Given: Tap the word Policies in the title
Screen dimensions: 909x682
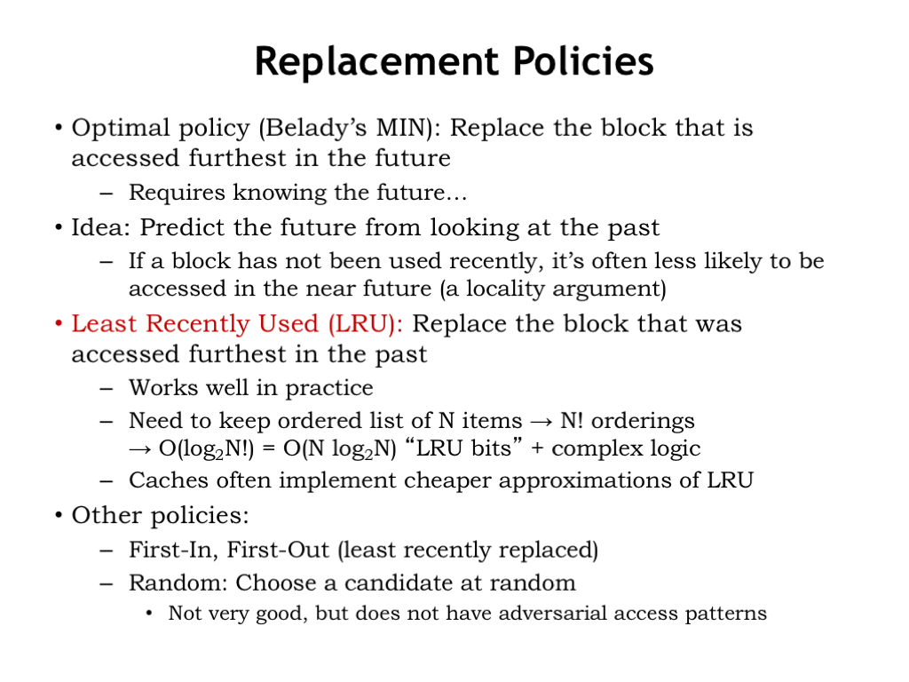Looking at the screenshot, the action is pyautogui.click(x=584, y=61).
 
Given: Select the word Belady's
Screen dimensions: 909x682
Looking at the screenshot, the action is pyautogui.click(x=313, y=128).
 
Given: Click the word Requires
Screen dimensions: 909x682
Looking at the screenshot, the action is pyautogui.click(x=177, y=193).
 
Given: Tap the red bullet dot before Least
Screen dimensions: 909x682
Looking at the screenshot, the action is pyautogui.click(x=59, y=323).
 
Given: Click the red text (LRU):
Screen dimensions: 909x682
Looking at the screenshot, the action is pyautogui.click(x=365, y=323).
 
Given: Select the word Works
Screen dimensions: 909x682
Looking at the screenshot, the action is pyautogui.click(x=163, y=387).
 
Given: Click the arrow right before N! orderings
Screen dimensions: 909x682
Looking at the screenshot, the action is pyautogui.click(x=541, y=422).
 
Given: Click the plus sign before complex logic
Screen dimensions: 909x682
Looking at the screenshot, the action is pyautogui.click(x=537, y=448).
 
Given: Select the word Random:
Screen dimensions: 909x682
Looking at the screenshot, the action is pyautogui.click(x=178, y=583).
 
